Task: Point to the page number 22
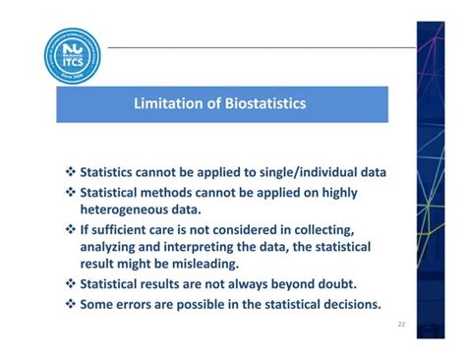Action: click(401, 323)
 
